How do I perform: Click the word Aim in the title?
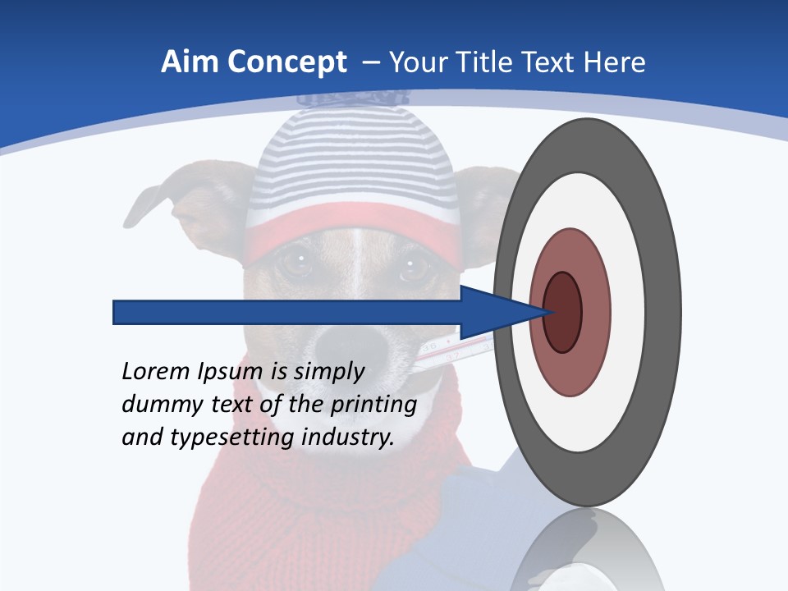pos(189,62)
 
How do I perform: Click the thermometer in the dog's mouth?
pos(451,349)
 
